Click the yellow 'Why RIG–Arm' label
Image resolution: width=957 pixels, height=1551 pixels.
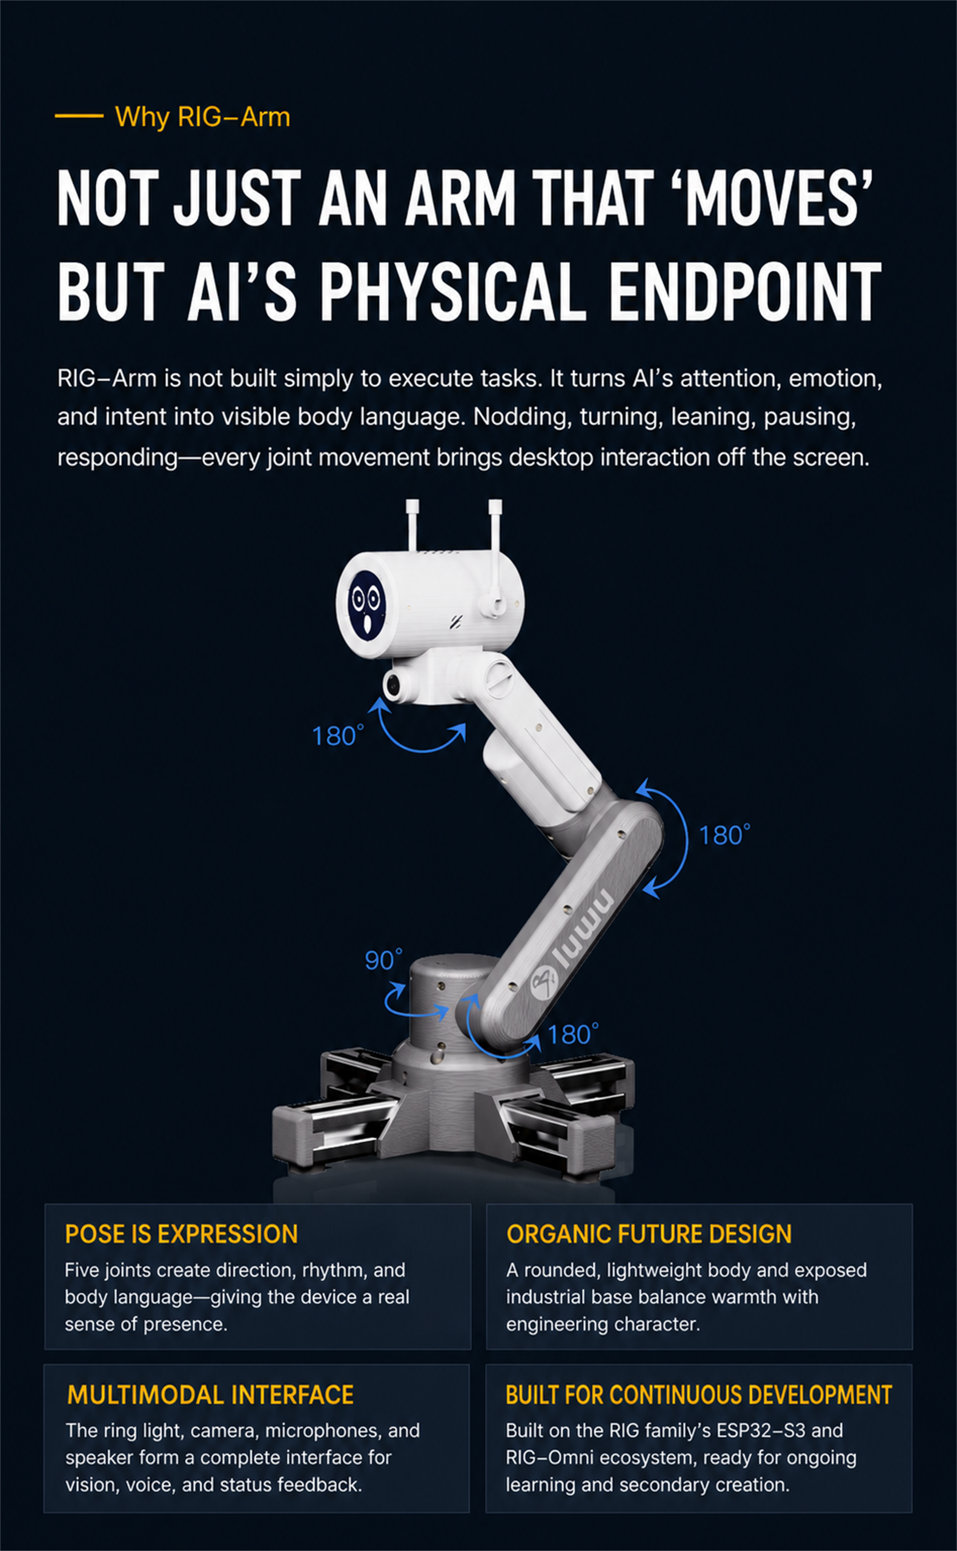coord(202,117)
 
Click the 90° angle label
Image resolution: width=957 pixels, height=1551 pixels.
coord(383,960)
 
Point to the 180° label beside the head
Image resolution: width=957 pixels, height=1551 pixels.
coord(338,736)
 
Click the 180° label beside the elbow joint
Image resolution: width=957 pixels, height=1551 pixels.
coord(724,835)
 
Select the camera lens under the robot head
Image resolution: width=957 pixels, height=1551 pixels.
coord(392,685)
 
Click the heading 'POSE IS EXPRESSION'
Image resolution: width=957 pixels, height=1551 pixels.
coord(181,1234)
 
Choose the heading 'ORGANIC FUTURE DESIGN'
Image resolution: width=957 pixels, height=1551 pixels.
coord(649,1234)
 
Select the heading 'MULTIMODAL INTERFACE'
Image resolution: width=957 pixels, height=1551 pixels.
coord(210,1395)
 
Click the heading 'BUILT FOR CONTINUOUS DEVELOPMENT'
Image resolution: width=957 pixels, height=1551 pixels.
coord(699,1395)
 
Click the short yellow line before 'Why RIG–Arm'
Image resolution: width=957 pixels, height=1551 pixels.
coord(79,116)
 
